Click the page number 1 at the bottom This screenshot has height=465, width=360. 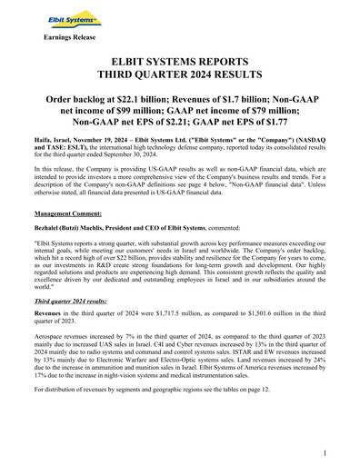coord(325,450)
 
